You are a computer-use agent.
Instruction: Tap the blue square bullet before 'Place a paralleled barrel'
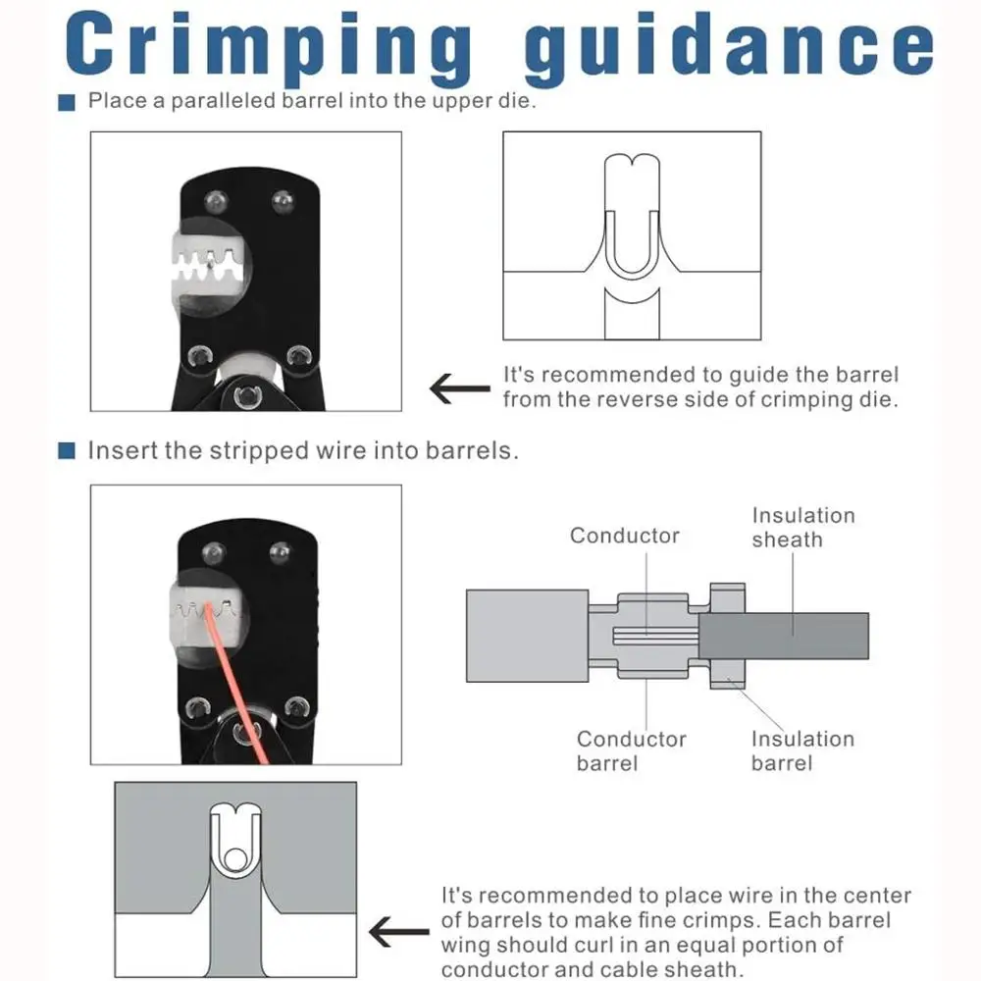tap(67, 102)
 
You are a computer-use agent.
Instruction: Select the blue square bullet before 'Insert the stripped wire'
tap(67, 450)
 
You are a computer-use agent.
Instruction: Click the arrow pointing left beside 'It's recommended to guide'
tap(460, 388)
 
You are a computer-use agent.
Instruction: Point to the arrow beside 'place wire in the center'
tap(398, 932)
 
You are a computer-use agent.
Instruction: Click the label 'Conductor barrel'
tap(631, 750)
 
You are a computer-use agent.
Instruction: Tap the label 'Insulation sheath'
tap(803, 528)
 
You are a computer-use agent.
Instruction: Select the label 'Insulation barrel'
tap(802, 750)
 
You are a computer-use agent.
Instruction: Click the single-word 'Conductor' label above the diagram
tap(624, 536)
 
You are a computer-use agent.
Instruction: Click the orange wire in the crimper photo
tap(237, 682)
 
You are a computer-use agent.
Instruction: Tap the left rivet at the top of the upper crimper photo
tap(216, 201)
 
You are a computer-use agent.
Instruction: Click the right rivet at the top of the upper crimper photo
tap(283, 201)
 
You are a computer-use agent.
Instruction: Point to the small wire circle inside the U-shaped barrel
tap(235, 859)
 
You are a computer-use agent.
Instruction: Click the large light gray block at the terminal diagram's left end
tap(528, 636)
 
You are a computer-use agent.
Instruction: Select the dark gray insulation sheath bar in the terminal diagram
tap(783, 636)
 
